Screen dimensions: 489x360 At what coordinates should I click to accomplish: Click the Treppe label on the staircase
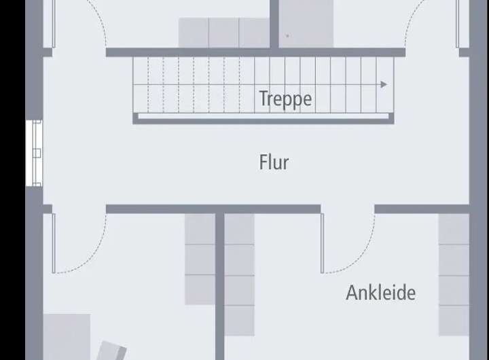click(x=285, y=98)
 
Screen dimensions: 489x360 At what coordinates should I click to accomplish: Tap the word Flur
click(x=274, y=162)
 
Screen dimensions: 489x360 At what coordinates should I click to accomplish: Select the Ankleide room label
click(x=380, y=293)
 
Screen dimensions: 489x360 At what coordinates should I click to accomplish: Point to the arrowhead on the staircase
click(x=384, y=85)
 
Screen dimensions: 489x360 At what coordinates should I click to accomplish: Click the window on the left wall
click(x=34, y=153)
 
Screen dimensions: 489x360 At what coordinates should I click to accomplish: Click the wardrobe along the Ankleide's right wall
click(x=454, y=275)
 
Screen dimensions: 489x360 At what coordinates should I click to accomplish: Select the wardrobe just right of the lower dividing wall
click(x=239, y=275)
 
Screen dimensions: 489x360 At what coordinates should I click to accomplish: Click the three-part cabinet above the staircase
click(x=224, y=33)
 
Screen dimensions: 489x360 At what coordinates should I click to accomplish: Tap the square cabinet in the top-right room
click(x=307, y=24)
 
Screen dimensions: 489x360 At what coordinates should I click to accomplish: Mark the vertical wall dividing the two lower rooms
click(x=220, y=285)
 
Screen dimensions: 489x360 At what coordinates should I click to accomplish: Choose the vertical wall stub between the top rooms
click(x=274, y=24)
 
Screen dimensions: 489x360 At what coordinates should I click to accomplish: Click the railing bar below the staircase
click(x=264, y=118)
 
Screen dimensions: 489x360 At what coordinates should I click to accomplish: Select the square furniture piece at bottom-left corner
click(x=67, y=336)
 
